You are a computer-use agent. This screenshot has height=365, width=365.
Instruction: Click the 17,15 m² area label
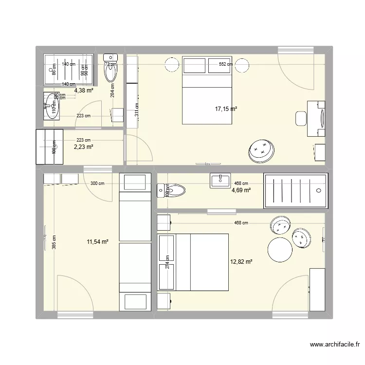226,109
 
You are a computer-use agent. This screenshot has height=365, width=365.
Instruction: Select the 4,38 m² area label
83,90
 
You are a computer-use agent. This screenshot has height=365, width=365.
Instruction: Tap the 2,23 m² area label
83,146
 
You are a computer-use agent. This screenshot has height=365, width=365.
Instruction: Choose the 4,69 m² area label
241,190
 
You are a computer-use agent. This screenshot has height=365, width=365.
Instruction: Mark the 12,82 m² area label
241,262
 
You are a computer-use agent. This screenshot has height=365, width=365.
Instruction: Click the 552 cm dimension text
226,64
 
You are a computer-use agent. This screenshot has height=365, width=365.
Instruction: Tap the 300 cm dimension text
98,183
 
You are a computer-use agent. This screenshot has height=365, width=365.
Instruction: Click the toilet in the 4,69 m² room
171,189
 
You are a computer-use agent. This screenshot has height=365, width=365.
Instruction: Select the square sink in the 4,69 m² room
220,181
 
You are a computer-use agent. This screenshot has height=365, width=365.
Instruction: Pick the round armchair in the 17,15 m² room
261,150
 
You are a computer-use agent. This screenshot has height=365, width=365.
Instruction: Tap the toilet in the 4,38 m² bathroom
110,71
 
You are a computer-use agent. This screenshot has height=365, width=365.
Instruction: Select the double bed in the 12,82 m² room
194,262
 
